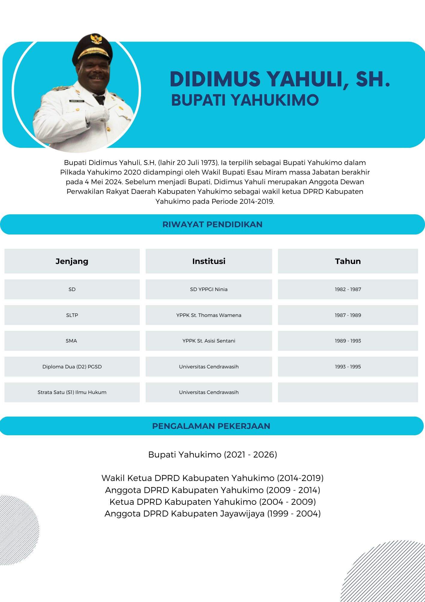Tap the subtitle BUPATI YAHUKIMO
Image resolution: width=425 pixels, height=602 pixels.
[245, 100]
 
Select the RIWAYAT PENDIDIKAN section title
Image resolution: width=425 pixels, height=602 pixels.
[212, 225]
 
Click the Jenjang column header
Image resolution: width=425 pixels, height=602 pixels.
[72, 261]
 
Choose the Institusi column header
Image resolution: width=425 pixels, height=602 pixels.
[209, 261]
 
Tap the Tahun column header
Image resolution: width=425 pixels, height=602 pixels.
[348, 261]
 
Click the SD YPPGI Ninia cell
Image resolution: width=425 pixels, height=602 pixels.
[209, 289]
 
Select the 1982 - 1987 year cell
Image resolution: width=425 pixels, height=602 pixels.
[348, 289]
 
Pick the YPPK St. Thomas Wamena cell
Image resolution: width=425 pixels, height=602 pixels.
[209, 315]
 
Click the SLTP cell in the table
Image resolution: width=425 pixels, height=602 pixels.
[72, 315]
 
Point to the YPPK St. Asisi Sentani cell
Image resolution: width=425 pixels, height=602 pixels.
[209, 341]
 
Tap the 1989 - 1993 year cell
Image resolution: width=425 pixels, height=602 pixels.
[348, 341]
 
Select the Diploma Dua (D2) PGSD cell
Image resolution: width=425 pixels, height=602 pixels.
[72, 367]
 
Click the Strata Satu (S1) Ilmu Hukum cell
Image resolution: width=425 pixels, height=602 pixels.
[72, 392]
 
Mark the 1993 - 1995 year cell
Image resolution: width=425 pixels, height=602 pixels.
[348, 367]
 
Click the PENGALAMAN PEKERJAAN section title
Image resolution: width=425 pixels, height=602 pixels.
[211, 426]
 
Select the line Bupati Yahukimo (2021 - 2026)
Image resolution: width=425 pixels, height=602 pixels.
[212, 455]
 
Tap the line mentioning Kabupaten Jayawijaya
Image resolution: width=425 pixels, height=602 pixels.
[212, 514]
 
